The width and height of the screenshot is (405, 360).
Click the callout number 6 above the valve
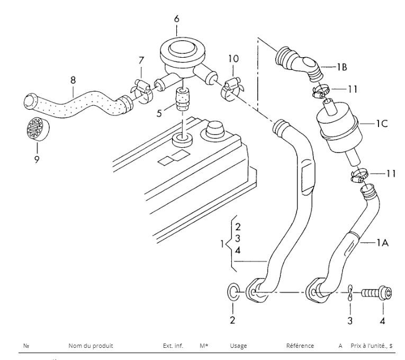[177, 19]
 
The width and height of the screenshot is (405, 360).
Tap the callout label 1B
[341, 67]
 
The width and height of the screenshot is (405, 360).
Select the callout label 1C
[382, 124]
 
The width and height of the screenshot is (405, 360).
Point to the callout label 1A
[383, 242]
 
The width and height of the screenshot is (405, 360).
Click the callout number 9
[37, 159]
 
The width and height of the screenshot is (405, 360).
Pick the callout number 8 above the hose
[73, 80]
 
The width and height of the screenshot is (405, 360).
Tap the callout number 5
[159, 113]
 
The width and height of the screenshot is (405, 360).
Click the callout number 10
[233, 59]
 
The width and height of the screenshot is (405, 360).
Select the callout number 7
[141, 60]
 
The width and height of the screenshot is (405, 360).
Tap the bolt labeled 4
[376, 293]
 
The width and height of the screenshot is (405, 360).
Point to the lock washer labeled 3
[350, 293]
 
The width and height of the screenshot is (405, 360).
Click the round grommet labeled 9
[38, 129]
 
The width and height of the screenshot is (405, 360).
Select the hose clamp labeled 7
[142, 91]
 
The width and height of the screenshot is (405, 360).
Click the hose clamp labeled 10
[231, 89]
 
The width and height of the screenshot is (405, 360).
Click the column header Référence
[300, 346]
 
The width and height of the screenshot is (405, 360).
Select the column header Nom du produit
[91, 346]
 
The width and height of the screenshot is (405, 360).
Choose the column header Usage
[238, 346]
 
